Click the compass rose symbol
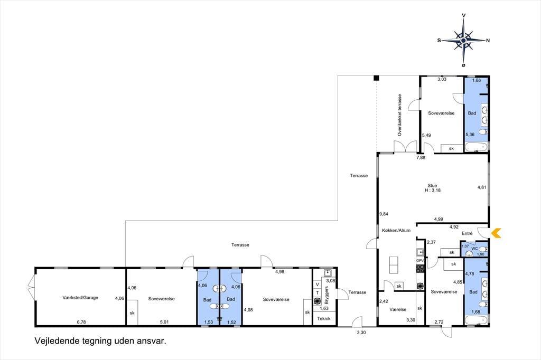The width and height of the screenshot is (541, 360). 463,41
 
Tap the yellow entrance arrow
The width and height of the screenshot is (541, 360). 496,233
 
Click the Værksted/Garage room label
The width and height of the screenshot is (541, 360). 80,298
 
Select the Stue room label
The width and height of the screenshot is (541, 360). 432,185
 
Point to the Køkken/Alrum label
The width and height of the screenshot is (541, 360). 396,230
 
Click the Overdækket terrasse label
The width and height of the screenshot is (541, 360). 400,115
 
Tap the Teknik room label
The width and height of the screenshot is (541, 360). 324,319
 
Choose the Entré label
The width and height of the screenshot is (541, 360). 467,233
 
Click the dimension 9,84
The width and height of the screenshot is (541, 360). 384,214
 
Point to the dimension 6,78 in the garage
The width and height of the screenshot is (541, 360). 81,322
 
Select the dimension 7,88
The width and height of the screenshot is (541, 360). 421,158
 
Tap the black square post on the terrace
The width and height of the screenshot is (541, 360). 376,78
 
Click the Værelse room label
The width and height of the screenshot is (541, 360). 398,310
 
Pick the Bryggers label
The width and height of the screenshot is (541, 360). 327,295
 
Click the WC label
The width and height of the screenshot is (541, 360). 474,248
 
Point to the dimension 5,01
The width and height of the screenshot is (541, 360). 164,322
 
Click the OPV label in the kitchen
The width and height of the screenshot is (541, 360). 420,261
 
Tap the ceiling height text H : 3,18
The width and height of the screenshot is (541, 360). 432,190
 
